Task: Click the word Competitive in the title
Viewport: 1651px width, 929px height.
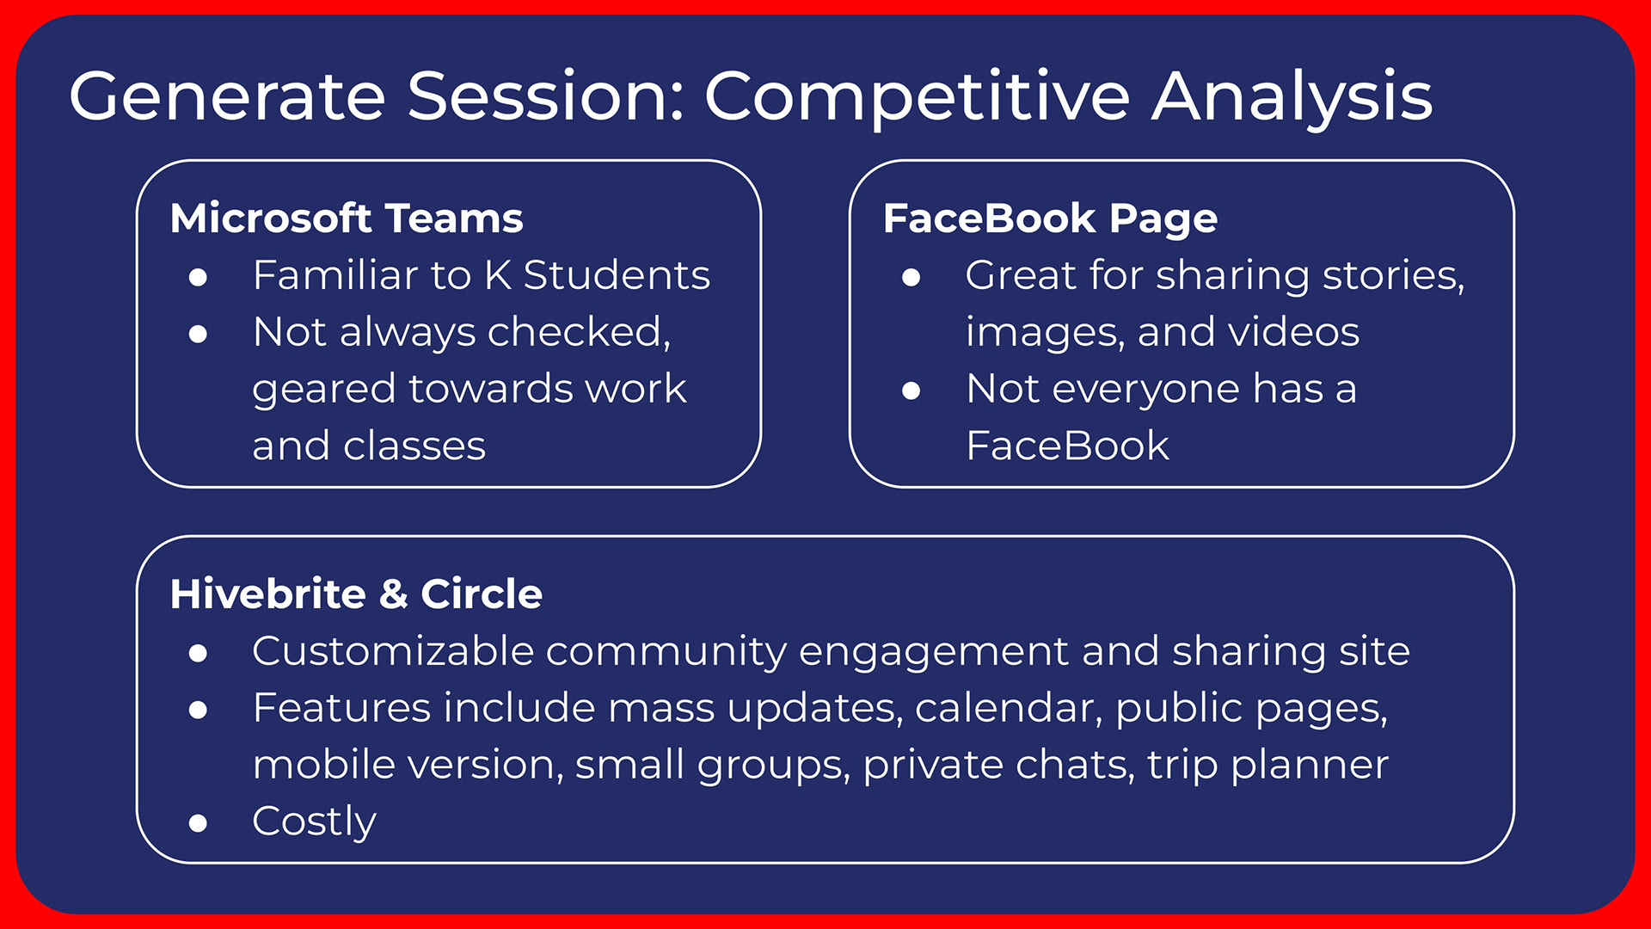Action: (x=917, y=96)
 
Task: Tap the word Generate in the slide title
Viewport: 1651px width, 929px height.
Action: (x=227, y=95)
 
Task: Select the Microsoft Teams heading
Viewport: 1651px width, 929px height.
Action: (x=347, y=218)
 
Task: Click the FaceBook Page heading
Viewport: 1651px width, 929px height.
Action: (x=1050, y=219)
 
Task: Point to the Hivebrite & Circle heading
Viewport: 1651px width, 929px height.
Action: (x=356, y=594)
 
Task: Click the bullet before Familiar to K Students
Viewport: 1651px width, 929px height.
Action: (x=198, y=277)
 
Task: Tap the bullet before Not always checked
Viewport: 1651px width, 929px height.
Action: (x=198, y=334)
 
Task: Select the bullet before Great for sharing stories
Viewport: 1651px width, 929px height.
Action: (x=911, y=277)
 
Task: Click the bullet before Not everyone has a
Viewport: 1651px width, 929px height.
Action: (x=911, y=391)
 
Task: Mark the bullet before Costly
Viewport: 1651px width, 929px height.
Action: (x=198, y=824)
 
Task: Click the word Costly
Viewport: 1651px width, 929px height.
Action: (x=314, y=822)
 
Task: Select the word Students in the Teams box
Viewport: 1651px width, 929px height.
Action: (x=617, y=275)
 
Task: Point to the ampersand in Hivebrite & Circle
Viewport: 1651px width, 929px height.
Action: (x=393, y=594)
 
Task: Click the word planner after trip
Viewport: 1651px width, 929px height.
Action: (x=1310, y=766)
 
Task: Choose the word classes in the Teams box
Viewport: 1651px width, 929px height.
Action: (x=414, y=446)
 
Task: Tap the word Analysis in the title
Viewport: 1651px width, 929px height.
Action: (x=1292, y=96)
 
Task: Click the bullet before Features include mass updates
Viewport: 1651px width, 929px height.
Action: (x=198, y=710)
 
